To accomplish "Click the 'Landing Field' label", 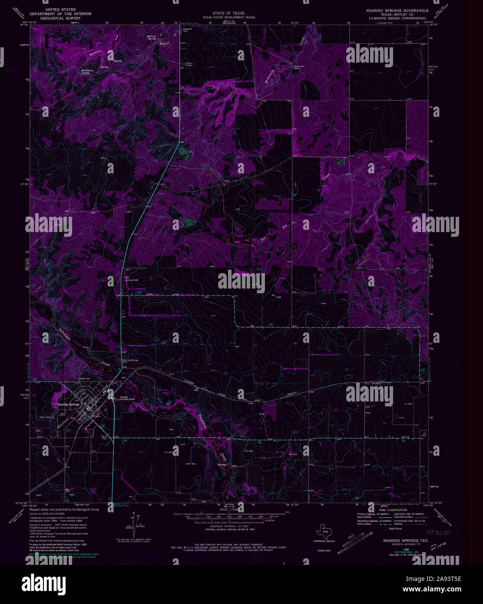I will click(132, 279).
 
